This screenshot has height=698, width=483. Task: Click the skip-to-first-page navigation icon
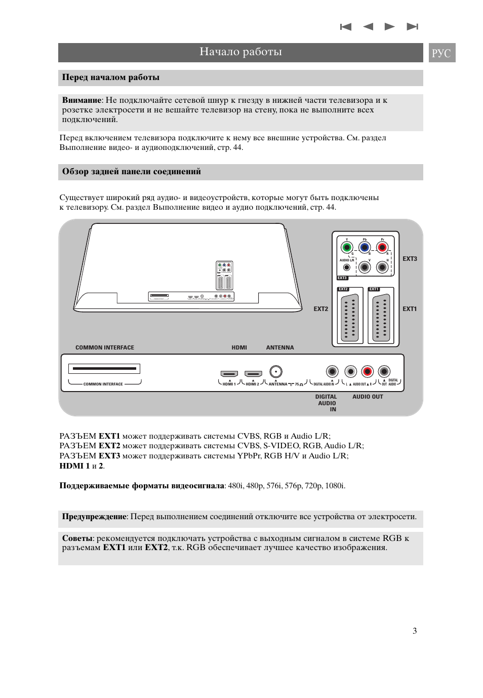(x=346, y=27)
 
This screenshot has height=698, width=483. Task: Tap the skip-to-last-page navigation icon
(x=412, y=27)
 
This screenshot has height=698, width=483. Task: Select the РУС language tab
(x=441, y=53)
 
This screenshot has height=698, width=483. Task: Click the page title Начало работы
(x=240, y=52)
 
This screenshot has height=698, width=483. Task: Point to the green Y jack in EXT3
(x=347, y=248)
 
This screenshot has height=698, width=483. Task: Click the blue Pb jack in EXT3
(x=365, y=248)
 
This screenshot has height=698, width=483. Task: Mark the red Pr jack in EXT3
(x=382, y=248)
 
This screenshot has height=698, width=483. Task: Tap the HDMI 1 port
(x=229, y=374)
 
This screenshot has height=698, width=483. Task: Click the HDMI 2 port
(x=253, y=374)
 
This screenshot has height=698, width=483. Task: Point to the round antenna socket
(x=275, y=372)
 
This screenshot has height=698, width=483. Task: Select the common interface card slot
(x=104, y=369)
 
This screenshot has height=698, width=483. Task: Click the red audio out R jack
(x=368, y=372)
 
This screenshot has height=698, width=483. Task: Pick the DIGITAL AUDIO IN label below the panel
(x=327, y=403)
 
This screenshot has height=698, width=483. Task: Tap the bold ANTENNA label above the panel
(x=280, y=347)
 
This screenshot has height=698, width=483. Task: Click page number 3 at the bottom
(x=415, y=631)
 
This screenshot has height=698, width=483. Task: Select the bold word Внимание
(x=82, y=100)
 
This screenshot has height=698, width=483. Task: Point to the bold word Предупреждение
(x=94, y=517)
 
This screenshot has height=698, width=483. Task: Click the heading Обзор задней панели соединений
(x=132, y=172)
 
